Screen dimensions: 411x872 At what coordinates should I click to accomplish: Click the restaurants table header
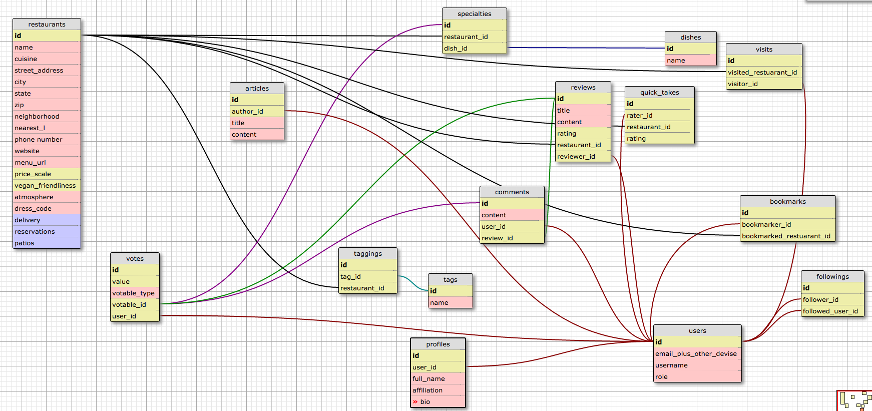[x=47, y=24]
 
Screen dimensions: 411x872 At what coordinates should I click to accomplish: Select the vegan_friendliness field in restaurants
[x=45, y=186]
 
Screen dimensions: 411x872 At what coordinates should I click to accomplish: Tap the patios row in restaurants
[x=25, y=243]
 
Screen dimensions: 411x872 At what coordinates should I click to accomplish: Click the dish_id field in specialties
[x=456, y=49]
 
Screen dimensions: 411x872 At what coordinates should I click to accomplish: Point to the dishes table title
[x=690, y=38]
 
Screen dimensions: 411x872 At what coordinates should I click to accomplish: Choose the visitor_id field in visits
[x=743, y=84]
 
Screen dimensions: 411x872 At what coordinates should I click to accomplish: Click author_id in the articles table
[x=247, y=112]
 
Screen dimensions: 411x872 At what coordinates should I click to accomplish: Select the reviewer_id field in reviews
[x=576, y=157]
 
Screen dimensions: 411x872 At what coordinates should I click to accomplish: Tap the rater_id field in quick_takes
[x=640, y=116]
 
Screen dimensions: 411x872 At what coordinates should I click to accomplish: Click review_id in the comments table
[x=497, y=238]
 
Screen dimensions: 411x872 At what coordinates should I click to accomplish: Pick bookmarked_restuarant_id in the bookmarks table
[x=786, y=236]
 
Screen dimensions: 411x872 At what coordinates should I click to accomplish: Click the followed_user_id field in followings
[x=830, y=311]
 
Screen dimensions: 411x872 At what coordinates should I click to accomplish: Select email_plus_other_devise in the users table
[x=696, y=354]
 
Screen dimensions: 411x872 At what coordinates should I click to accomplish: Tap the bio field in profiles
[x=425, y=402]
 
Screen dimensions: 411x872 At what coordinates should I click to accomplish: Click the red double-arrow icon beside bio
[x=415, y=402]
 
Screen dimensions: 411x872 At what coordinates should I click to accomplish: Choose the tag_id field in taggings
[x=350, y=277]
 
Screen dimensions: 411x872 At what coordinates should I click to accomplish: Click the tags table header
[x=450, y=280]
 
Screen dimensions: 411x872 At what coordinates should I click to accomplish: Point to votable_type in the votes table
[x=133, y=293]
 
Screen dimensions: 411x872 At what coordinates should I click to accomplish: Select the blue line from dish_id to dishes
[x=586, y=48]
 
